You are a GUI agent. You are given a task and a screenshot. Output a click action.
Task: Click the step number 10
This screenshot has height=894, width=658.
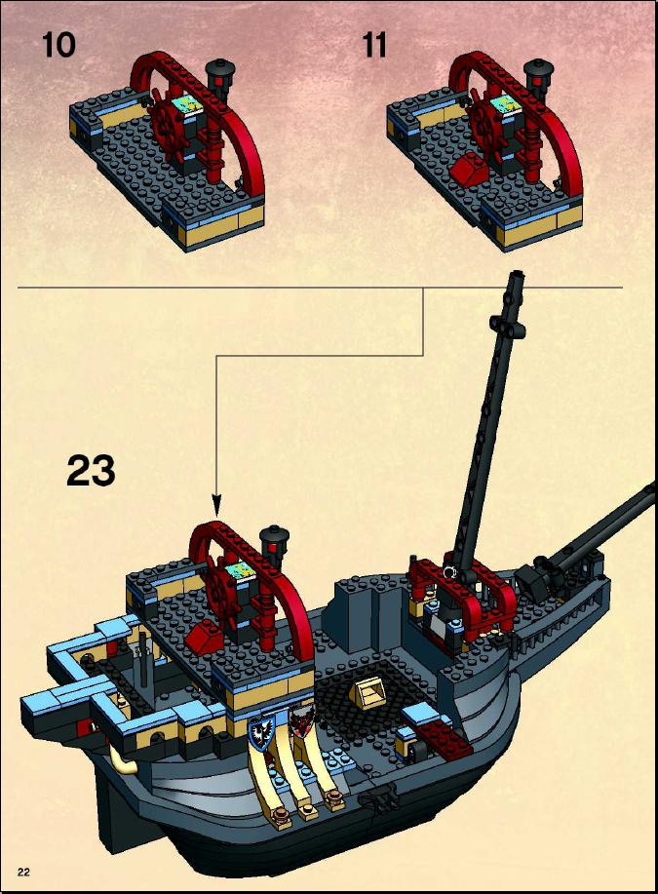(58, 45)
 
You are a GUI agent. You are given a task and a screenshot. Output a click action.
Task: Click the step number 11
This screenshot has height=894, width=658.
(374, 45)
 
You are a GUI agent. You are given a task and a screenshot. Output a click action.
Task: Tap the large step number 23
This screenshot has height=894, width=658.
(91, 470)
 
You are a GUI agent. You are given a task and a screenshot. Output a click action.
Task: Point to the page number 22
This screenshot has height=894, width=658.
(23, 872)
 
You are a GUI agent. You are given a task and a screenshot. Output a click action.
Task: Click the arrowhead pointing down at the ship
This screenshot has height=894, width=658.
(216, 505)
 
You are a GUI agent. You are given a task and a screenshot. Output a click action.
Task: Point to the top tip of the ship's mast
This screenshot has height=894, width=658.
(517, 273)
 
